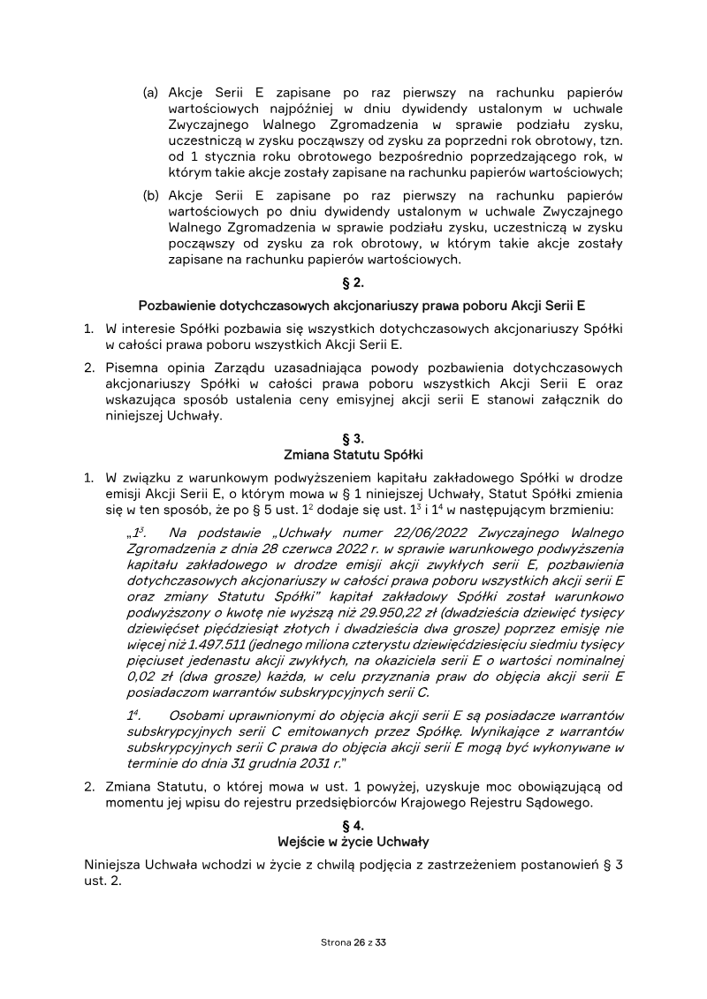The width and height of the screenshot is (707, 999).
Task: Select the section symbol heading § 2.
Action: click(353, 284)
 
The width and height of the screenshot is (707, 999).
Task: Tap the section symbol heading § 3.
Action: click(353, 438)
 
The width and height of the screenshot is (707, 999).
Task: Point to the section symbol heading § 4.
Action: click(353, 824)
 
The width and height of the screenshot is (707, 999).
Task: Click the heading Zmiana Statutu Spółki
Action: click(353, 455)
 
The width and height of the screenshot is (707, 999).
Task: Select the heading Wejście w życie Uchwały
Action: click(353, 841)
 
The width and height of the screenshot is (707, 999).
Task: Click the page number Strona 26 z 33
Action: click(353, 942)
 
